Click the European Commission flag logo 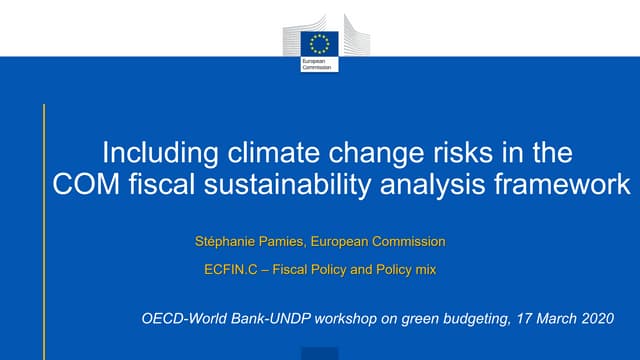(320, 43)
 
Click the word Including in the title (153, 154)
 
